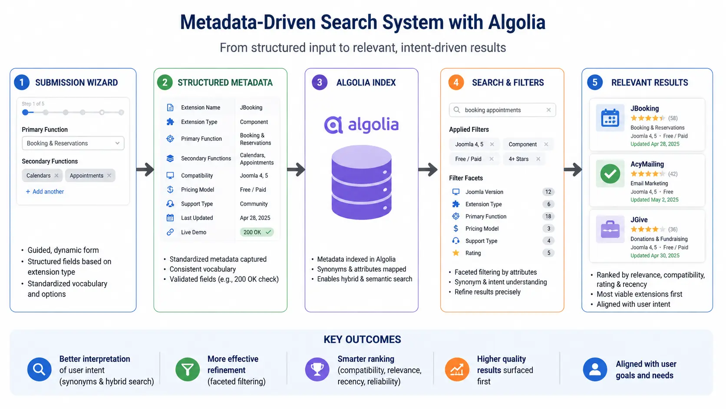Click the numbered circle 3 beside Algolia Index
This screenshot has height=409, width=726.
pyautogui.click(x=320, y=83)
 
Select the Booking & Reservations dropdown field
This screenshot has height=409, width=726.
pyautogui.click(x=73, y=143)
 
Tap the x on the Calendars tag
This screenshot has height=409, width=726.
pyautogui.click(x=56, y=176)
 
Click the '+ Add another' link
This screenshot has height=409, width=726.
pyautogui.click(x=45, y=192)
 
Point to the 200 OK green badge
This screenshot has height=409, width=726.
pyautogui.click(x=257, y=232)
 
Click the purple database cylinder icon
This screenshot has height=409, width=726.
pyautogui.click(x=361, y=182)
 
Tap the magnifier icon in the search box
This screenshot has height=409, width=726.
pyautogui.click(x=457, y=110)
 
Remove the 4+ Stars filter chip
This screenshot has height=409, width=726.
pyautogui.click(x=538, y=159)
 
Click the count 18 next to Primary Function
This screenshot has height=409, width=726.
pyautogui.click(x=548, y=216)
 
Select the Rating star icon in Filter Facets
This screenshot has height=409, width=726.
pyautogui.click(x=455, y=253)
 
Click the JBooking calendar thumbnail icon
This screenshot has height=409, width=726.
pyautogui.click(x=610, y=118)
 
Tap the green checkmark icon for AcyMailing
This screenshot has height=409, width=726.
pyautogui.click(x=610, y=173)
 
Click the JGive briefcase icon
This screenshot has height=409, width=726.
pyautogui.click(x=610, y=229)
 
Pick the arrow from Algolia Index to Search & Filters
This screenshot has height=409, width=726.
pyautogui.click(x=428, y=170)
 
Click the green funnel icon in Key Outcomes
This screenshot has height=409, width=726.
pyautogui.click(x=187, y=369)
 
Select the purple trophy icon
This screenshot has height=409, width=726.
pyautogui.click(x=317, y=369)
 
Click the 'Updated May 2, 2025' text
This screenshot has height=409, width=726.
pyautogui.click(x=654, y=200)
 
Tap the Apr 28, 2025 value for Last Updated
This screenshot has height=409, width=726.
pyautogui.click(x=255, y=218)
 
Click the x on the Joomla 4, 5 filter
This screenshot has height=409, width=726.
pyautogui.click(x=492, y=144)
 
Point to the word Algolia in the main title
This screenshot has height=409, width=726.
pyautogui.click(x=517, y=23)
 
